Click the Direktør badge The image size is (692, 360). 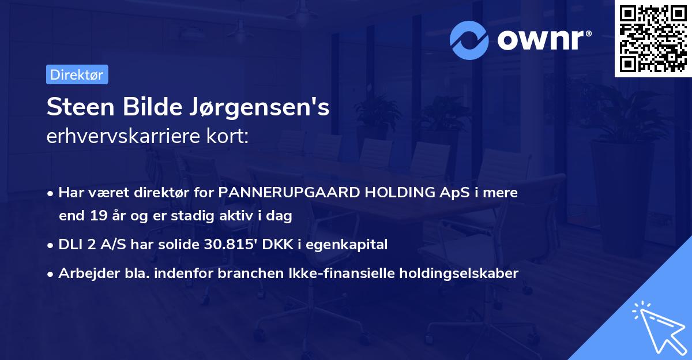[x=77, y=74]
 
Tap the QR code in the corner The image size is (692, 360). [x=652, y=38]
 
